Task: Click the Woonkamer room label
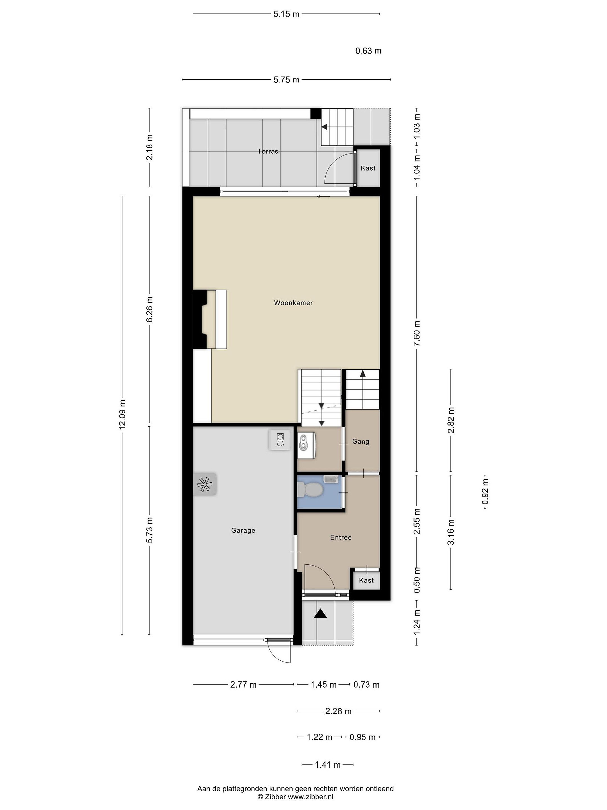click(x=293, y=303)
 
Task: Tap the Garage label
click(x=243, y=531)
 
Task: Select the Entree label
click(x=341, y=537)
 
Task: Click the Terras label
click(x=268, y=151)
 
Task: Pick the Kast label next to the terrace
click(x=368, y=168)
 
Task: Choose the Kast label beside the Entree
click(x=366, y=580)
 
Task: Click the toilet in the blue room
click(x=309, y=489)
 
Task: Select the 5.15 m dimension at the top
click(x=286, y=14)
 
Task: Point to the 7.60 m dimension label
click(x=417, y=333)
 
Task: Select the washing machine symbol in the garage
click(x=280, y=440)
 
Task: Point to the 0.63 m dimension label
click(x=368, y=51)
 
